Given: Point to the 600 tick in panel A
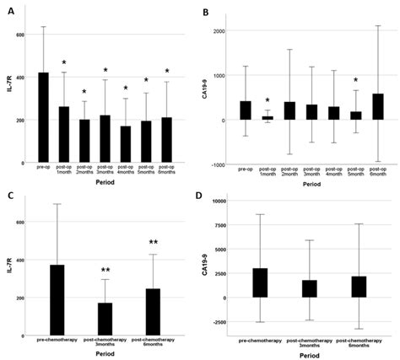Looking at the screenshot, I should tap(22, 35).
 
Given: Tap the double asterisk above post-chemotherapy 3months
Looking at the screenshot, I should tap(105, 271).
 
